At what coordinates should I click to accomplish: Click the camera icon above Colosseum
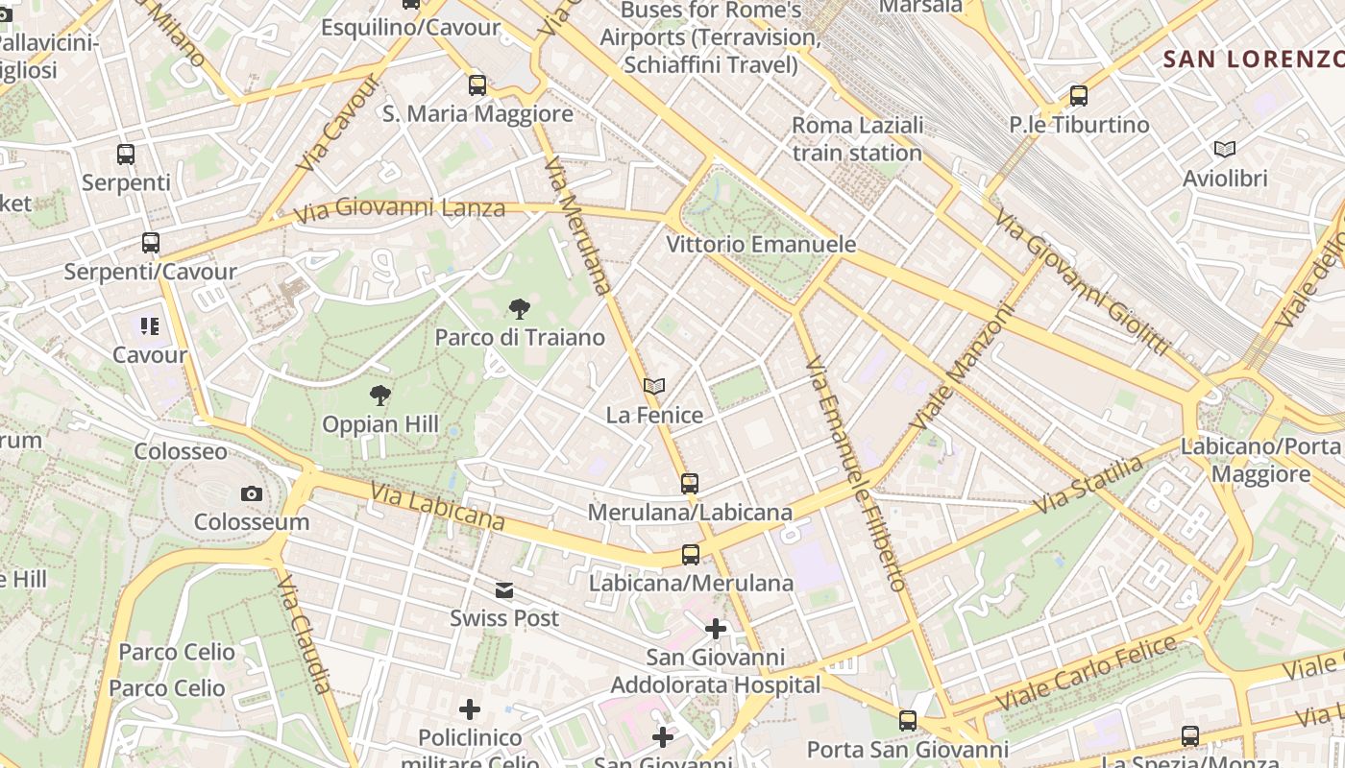pos(252,493)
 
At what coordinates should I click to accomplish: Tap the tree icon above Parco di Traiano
pos(520,309)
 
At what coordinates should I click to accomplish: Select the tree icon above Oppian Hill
pos(380,396)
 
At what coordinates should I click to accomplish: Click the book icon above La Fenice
pos(654,387)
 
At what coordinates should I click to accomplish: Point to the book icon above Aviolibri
pos(1224,149)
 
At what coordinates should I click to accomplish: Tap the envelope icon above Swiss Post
pos(504,589)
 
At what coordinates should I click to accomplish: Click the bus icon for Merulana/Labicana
pos(690,484)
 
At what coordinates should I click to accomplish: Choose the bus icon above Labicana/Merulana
pos(690,554)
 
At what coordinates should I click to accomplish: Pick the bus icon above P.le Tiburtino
pos(1079,96)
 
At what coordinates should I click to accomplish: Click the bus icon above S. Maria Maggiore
pos(477,85)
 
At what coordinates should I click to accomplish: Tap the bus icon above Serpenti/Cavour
pos(150,243)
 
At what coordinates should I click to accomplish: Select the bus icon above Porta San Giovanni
pos(907,720)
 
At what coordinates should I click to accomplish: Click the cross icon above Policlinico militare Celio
pos(470,709)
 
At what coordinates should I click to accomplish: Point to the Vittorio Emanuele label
pos(761,244)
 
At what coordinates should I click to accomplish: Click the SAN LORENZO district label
pos(1253,59)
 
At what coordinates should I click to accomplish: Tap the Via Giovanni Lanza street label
pos(400,208)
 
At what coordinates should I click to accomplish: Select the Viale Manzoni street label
pos(963,368)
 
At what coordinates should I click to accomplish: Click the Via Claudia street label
pos(306,634)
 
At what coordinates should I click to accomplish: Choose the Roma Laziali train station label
pos(857,138)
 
